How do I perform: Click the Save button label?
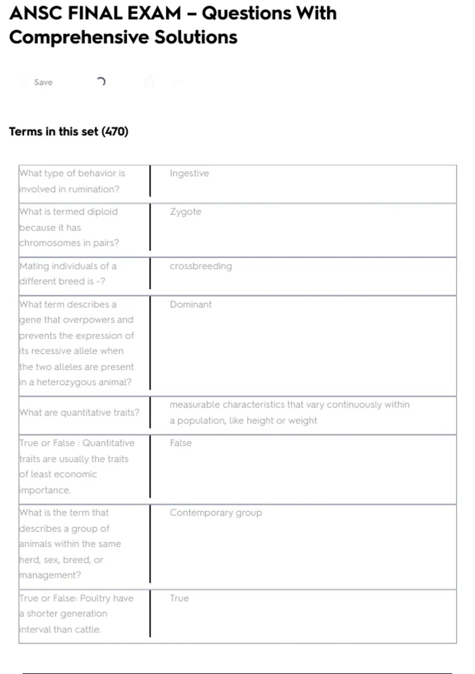43,82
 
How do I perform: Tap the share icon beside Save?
150,82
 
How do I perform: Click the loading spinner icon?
101,82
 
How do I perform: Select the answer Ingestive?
189,173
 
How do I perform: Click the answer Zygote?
185,212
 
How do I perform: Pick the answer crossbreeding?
201,266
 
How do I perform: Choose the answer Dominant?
190,304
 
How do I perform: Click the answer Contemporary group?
216,513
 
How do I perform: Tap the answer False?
180,443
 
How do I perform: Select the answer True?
179,598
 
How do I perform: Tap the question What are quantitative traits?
79,413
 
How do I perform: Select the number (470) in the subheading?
115,132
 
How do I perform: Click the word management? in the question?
50,575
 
